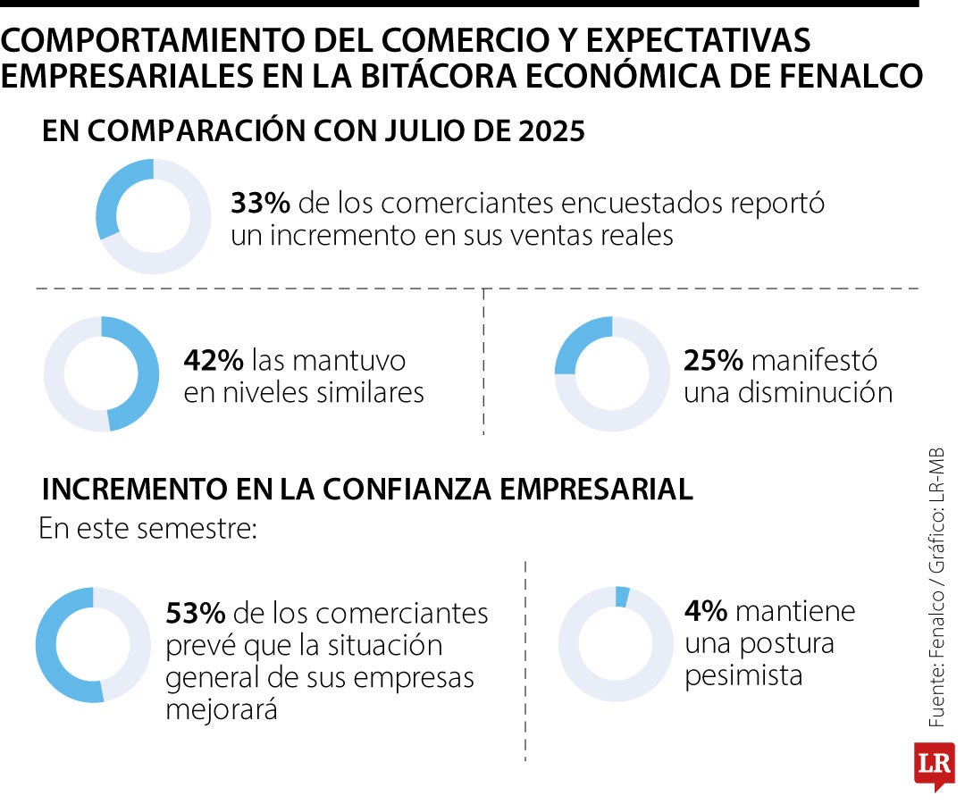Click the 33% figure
[260, 203]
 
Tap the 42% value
[213, 360]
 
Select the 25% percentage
[713, 360]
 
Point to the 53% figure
[195, 613]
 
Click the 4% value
[706, 611]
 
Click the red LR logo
[935, 766]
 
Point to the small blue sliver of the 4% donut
[622, 597]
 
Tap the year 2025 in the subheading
[551, 130]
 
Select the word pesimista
[743, 676]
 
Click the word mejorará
[222, 710]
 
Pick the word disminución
[815, 392]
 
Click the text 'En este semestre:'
[147, 529]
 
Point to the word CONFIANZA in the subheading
[407, 490]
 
